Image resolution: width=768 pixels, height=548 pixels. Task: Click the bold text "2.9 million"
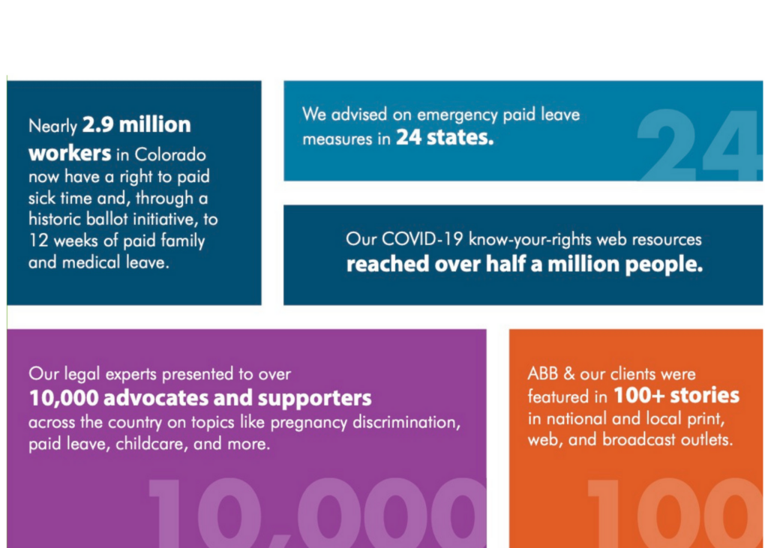pos(136,125)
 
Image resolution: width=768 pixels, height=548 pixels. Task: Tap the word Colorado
pos(170,154)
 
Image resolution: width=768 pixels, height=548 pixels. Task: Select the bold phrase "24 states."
pos(445,138)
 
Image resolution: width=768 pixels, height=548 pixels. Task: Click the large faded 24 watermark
pos(700,145)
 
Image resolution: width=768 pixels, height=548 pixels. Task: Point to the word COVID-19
pos(422,239)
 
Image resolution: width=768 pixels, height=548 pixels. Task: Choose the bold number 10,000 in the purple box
pos(64,397)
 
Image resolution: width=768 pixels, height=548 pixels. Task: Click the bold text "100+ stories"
pos(676,396)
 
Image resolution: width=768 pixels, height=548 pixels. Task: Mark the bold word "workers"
pos(70,154)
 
